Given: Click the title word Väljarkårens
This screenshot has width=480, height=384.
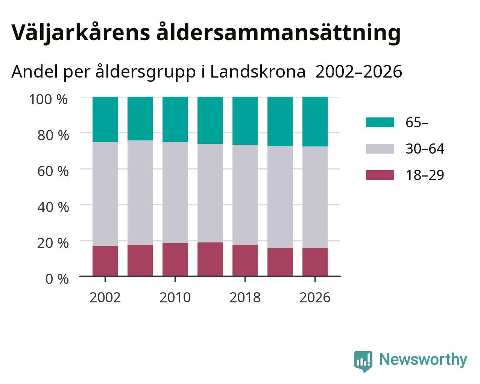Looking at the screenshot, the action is pos(81,33).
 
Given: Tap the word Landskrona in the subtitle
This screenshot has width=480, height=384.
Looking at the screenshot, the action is pos(258,72).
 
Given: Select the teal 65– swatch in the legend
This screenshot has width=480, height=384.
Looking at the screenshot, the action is pos(380,122).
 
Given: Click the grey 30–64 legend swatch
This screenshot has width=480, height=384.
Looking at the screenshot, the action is pos(380,149).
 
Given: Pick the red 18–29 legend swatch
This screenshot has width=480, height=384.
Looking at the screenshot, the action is pos(380,175).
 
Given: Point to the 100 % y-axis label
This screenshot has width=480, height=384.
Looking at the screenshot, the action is pos(48,99).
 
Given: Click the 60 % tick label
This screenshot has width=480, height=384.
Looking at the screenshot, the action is pos(53,171).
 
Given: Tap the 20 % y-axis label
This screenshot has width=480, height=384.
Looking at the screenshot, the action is pos(53,243).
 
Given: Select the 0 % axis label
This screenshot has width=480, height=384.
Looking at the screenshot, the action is pos(57,279).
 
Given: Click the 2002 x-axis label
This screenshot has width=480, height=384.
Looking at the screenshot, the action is pos(105,297).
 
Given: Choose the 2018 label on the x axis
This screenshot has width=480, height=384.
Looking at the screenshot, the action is pos(245,297).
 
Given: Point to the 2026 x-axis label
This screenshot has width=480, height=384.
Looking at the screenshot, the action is pos(315,297).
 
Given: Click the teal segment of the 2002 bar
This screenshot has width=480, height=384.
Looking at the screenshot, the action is pos(105,119).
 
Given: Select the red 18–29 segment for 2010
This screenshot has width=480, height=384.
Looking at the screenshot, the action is pos(175,260).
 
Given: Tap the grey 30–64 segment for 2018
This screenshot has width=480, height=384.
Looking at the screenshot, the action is pos(245,195).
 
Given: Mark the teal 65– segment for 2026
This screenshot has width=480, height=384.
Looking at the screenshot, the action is pos(315,122).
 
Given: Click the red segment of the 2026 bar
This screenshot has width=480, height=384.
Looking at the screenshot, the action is pos(315,262).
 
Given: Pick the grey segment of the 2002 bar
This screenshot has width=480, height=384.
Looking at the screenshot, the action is pos(105,194).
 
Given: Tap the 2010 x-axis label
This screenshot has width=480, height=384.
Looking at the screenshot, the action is pos(175,297).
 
